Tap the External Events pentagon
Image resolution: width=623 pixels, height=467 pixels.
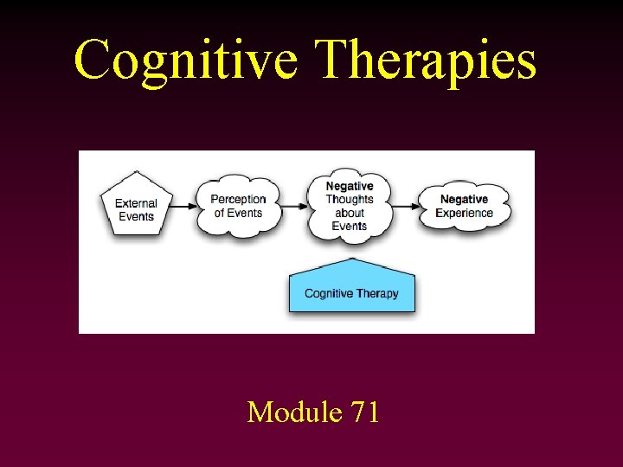pyautogui.click(x=136, y=205)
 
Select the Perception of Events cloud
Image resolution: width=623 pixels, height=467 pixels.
pyautogui.click(x=238, y=206)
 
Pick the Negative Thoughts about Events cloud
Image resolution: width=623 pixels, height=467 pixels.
pyautogui.click(x=350, y=206)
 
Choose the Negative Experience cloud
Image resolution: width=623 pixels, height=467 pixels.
pyautogui.click(x=464, y=206)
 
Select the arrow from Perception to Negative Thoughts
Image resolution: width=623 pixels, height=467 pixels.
pyautogui.click(x=295, y=206)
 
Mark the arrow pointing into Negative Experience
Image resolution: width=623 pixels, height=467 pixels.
pyautogui.click(x=407, y=206)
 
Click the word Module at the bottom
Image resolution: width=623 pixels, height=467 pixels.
pyautogui.click(x=294, y=412)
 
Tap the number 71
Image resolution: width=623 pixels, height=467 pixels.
pyautogui.click(x=364, y=412)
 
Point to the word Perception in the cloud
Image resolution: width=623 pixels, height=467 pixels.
pyautogui.click(x=238, y=200)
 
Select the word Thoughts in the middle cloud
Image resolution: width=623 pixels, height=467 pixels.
pyautogui.click(x=350, y=200)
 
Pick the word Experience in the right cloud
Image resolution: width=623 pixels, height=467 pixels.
pyautogui.click(x=464, y=213)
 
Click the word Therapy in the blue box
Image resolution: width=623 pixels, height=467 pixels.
pyautogui.click(x=376, y=294)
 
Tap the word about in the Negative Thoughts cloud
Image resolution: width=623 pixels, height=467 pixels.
pyautogui.click(x=350, y=213)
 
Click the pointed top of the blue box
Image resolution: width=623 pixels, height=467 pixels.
pyautogui.click(x=351, y=259)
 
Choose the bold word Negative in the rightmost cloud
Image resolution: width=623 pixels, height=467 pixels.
pyautogui.click(x=464, y=200)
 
